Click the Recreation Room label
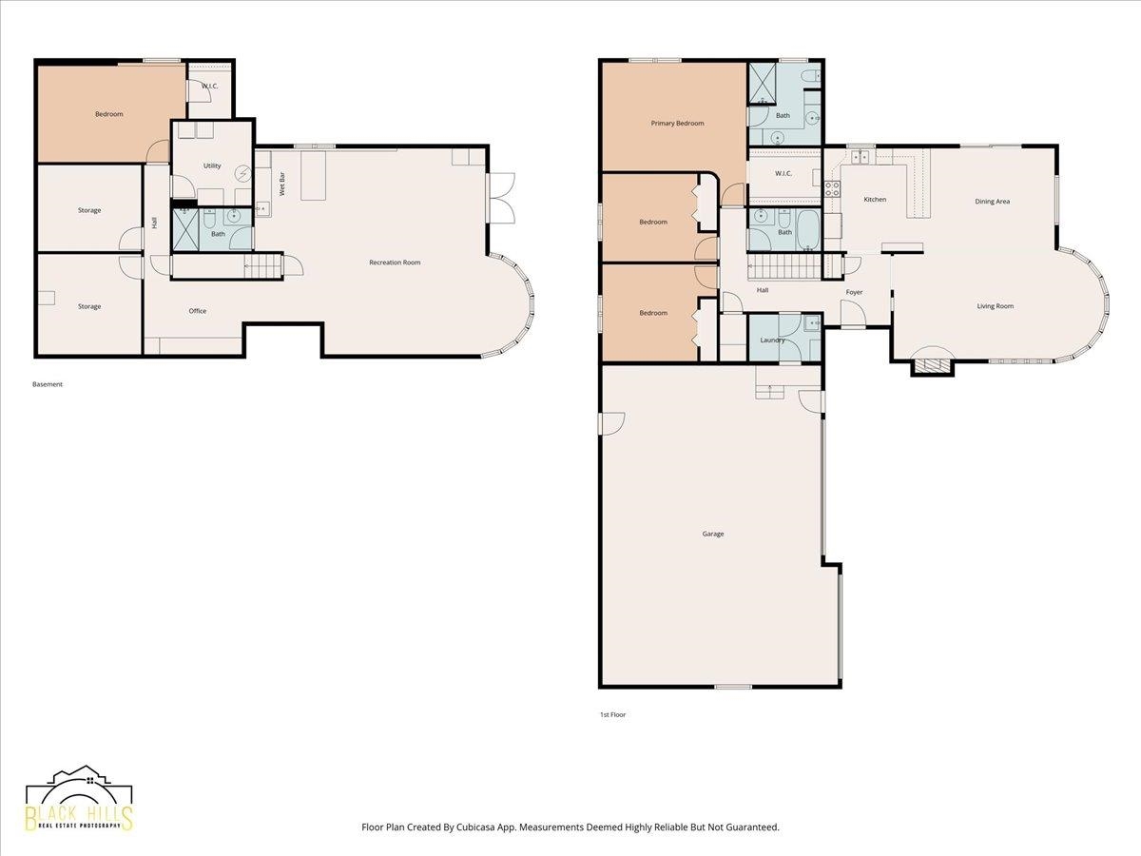click(x=395, y=263)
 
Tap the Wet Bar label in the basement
click(x=282, y=184)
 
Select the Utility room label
click(x=212, y=165)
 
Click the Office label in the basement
click(x=198, y=311)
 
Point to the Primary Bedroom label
click(x=677, y=124)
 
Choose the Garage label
click(x=713, y=534)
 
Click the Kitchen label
click(x=875, y=199)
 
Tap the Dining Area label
click(x=993, y=201)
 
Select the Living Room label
click(x=995, y=306)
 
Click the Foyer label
click(x=854, y=292)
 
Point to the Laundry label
click(x=772, y=340)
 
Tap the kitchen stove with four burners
click(x=832, y=188)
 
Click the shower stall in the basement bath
click(x=185, y=229)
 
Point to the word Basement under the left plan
click(x=48, y=384)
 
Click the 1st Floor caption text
click(x=613, y=714)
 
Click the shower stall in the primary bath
click(x=762, y=85)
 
